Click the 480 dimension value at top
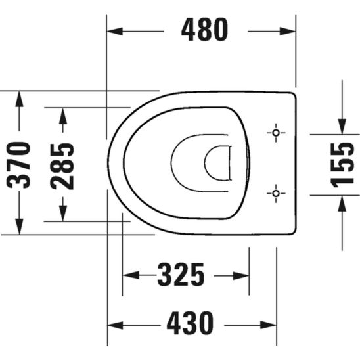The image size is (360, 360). (205, 30)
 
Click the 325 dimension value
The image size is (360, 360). (181, 275)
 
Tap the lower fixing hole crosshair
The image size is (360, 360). (276, 193)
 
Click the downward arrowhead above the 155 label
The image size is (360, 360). (342, 125)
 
